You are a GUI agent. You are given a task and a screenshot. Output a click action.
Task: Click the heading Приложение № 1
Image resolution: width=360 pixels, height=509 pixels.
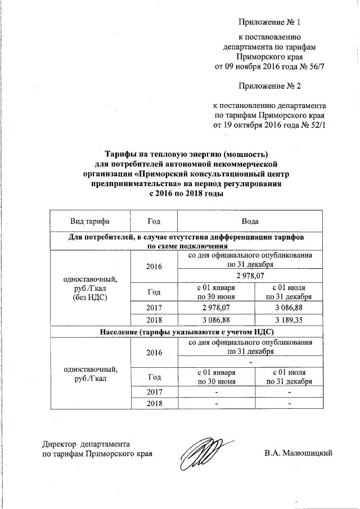[270, 23]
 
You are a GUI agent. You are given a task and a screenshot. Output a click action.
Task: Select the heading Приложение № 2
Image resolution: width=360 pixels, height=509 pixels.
[270, 87]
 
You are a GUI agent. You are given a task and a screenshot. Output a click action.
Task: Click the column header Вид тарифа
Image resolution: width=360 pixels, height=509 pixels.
[89, 222]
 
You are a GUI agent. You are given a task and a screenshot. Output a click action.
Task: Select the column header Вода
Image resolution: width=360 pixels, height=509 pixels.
[251, 222]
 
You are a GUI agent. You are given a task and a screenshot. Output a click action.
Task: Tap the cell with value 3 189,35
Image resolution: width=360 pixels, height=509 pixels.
[289, 319]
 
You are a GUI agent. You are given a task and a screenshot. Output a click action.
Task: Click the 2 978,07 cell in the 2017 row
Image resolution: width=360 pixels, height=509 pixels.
[217, 306]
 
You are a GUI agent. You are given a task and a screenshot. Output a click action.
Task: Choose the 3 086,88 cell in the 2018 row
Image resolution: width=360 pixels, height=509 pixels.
[217, 319]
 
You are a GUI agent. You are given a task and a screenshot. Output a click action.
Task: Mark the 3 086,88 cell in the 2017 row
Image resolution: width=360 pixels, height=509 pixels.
[289, 306]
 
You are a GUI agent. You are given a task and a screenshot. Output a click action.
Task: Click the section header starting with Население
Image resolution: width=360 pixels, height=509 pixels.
[186, 331]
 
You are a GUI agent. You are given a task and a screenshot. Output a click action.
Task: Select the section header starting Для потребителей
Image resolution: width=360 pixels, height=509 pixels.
[186, 237]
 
